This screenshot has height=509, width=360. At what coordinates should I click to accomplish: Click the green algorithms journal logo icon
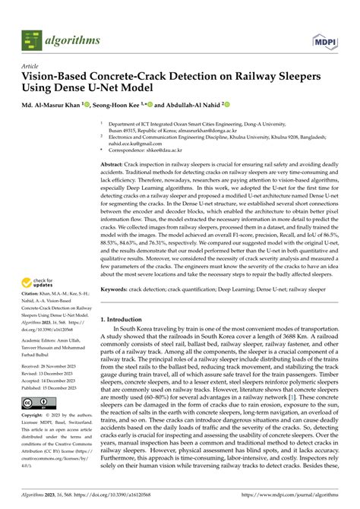[x=30, y=36]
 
